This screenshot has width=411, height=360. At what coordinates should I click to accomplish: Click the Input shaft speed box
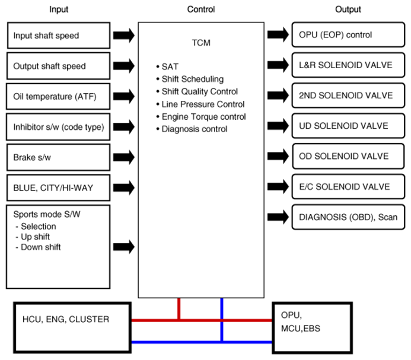click(x=59, y=36)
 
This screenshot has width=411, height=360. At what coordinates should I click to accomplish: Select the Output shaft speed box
click(x=58, y=66)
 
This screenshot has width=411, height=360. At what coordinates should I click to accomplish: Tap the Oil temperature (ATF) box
click(x=58, y=96)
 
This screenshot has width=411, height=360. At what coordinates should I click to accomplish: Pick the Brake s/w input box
click(x=58, y=157)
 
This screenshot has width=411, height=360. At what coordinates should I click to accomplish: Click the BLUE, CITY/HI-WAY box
click(x=58, y=188)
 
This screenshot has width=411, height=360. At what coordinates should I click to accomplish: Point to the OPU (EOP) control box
click(x=348, y=34)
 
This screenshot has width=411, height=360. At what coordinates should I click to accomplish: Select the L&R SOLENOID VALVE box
click(x=348, y=65)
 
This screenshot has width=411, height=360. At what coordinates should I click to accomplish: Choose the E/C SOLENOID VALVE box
click(x=348, y=187)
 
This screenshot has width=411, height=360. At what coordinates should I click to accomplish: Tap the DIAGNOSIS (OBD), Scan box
click(x=348, y=217)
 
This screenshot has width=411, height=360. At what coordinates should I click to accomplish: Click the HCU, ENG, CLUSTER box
click(x=72, y=327)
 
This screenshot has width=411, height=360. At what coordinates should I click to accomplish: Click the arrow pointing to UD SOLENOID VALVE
click(x=278, y=126)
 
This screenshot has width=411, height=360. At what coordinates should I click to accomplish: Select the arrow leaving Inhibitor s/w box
click(x=124, y=127)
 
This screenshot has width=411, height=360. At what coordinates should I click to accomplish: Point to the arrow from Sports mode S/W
click(x=124, y=247)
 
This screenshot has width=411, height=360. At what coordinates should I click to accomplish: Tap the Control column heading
click(x=201, y=9)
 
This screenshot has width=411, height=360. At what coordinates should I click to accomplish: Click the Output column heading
click(x=348, y=9)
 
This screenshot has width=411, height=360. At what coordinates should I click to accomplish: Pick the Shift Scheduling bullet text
click(x=193, y=79)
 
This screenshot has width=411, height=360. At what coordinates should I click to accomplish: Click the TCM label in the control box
click(x=201, y=43)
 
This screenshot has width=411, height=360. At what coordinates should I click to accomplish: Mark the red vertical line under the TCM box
click(x=179, y=309)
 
